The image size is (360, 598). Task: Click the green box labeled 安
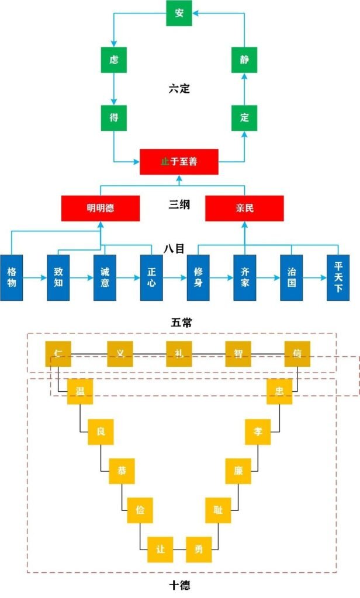coord(179,13)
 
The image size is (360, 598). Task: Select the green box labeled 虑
coord(113,60)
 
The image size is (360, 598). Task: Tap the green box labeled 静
coord(244,60)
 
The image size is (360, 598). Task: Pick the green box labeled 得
coord(113,117)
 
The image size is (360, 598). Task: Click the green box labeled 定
coord(244,117)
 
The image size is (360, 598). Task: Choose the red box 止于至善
coord(179,162)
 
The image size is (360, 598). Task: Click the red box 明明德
coord(101,208)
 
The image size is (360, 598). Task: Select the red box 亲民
coord(244,208)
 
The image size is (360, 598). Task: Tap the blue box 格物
coord(12,277)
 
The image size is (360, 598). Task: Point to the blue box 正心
coord(151,277)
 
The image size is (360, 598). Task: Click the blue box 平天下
coord(338,277)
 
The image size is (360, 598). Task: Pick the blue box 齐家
coord(244,277)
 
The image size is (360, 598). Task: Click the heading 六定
coord(179,89)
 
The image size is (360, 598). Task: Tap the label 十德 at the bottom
coord(179,585)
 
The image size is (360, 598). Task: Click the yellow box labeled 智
coord(238,354)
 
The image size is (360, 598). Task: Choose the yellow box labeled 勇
coord(198,549)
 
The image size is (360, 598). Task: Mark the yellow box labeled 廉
coord(238,471)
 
